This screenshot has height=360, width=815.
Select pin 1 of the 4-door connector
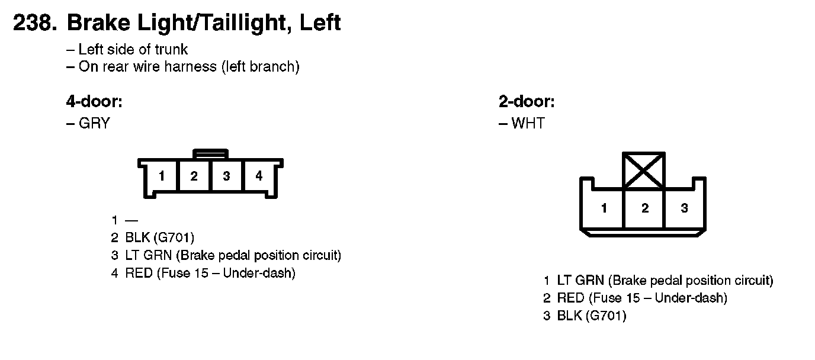161,176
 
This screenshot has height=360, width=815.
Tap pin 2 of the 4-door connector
194,176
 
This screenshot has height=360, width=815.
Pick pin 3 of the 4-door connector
226,176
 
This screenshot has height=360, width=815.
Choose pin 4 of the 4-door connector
259,176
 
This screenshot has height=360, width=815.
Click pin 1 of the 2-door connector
604,208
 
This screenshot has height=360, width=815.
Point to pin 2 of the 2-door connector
644,208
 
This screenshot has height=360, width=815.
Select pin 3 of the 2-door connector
684,208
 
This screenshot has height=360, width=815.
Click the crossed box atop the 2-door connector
644,171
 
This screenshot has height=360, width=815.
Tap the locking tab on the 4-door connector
210,154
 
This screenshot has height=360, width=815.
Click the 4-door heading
94,102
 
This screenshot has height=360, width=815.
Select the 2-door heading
527,102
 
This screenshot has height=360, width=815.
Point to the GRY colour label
94,124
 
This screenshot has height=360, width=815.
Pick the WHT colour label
528,124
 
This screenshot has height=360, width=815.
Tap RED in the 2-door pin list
571,298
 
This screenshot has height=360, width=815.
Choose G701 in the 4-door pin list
174,238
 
